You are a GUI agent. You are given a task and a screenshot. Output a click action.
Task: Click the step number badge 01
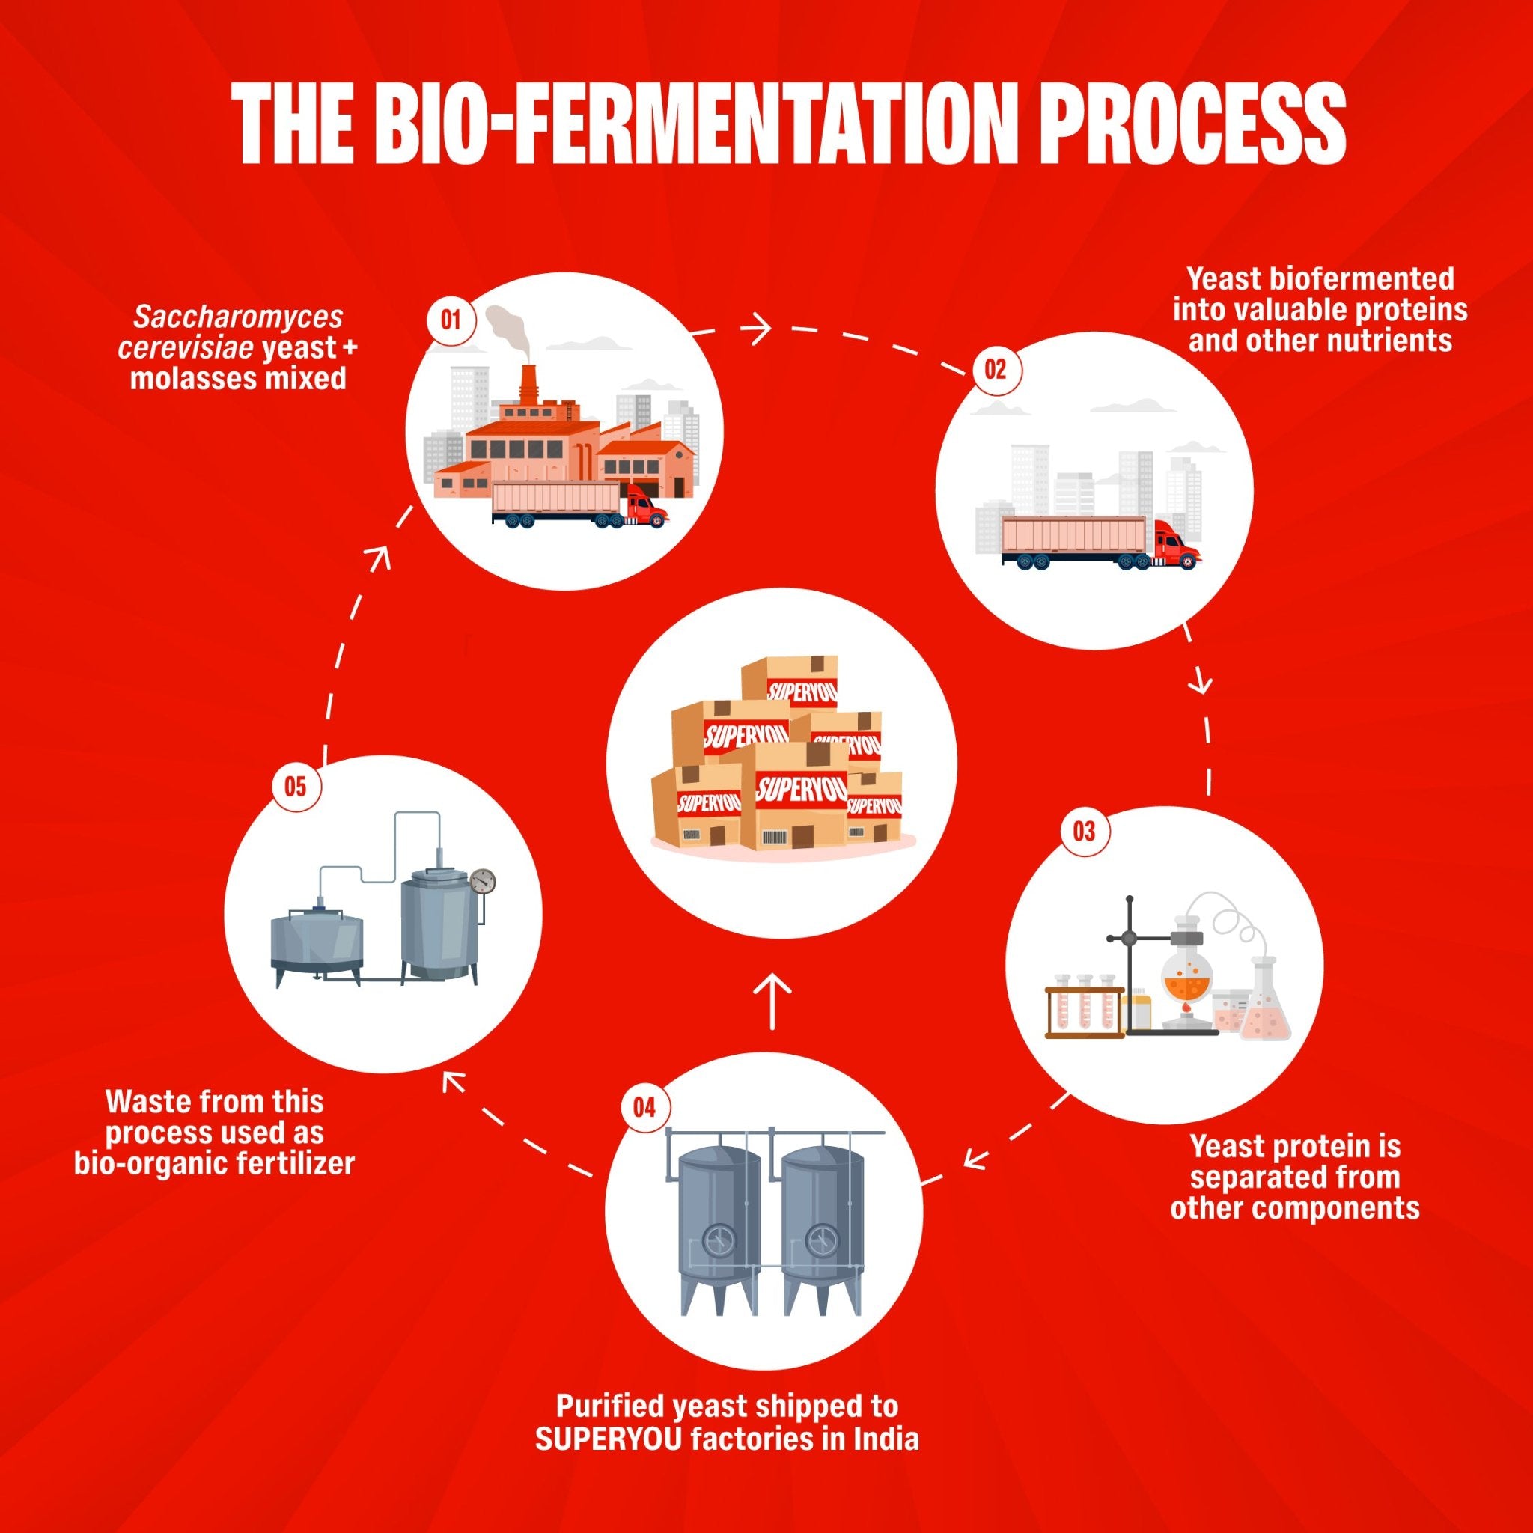pos(451,320)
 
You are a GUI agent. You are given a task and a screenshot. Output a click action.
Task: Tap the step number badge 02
pos(994,369)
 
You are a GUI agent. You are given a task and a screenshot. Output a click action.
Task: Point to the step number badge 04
pos(644,1107)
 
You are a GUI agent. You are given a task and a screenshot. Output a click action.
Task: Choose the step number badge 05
pos(295,787)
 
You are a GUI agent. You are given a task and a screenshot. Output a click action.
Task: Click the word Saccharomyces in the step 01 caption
pos(238,317)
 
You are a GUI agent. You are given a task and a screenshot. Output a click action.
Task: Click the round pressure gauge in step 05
pos(481,880)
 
